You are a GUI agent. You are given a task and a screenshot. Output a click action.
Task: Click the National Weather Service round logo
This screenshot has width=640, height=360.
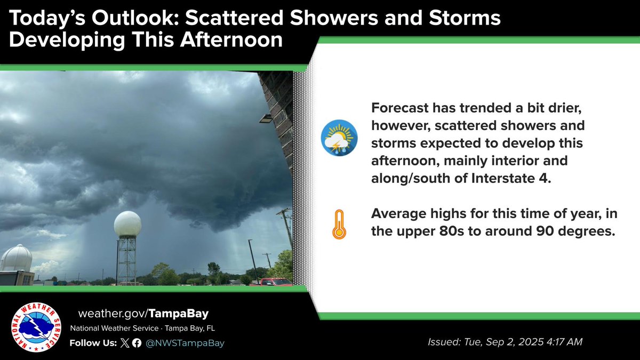click(x=36, y=327)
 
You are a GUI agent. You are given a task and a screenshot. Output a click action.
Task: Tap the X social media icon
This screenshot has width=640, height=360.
click(x=125, y=343)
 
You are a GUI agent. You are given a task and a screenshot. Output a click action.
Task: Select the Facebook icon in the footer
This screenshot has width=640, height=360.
click(x=137, y=343)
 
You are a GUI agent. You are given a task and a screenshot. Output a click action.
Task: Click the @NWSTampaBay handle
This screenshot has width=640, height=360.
click(x=185, y=343)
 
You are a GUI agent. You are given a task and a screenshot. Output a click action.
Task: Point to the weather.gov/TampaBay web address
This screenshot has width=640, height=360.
click(x=143, y=314)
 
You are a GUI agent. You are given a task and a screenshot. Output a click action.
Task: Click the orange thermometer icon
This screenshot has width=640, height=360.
click(x=339, y=225)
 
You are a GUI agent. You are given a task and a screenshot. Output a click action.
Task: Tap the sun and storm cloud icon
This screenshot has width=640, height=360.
click(x=339, y=138)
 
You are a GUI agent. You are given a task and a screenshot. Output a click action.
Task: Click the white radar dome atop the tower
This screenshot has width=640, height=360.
click(x=127, y=223)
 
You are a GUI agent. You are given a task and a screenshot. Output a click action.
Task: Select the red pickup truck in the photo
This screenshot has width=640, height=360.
click(x=273, y=282)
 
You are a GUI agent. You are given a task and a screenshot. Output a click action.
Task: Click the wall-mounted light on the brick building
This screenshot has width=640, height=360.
click(x=266, y=118)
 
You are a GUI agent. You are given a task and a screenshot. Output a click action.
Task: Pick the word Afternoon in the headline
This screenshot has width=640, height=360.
click(x=231, y=39)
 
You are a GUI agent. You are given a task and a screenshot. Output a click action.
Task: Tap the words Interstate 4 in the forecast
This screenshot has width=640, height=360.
click(x=511, y=178)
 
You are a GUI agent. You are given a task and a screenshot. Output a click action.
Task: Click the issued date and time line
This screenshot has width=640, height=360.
click(x=505, y=342)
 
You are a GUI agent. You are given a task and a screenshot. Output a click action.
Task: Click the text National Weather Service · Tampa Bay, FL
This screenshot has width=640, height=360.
click(x=142, y=329)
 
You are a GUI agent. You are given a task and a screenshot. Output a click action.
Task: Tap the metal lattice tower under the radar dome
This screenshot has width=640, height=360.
click(x=127, y=261)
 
